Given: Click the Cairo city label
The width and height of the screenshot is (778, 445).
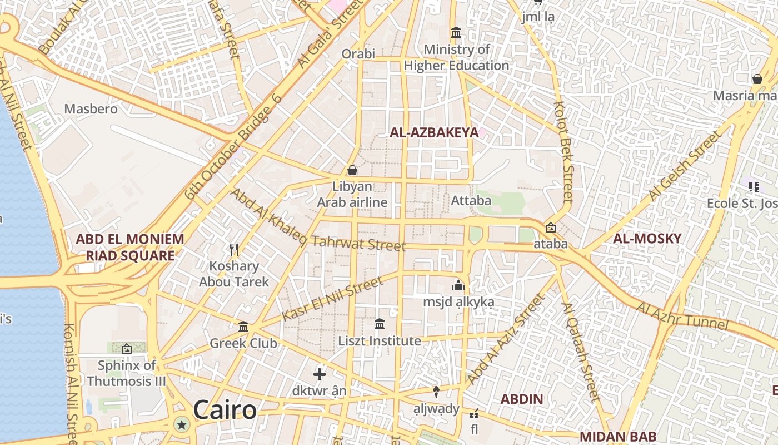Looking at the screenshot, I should (225, 411).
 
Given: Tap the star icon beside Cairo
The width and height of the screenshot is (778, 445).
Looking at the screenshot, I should (181, 426).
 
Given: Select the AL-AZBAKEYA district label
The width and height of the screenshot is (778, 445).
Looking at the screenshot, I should (434, 132).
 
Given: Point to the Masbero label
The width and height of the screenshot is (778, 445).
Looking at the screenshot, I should (91, 108).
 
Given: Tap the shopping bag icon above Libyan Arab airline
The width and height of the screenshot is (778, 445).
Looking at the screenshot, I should (352, 170).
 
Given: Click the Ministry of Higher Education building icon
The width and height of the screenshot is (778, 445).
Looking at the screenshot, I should (456, 33).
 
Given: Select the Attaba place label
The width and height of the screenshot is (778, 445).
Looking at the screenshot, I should (471, 200).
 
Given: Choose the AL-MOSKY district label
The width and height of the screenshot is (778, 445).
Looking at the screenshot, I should (647, 239).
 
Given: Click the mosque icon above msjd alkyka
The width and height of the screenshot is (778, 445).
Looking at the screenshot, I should (458, 285).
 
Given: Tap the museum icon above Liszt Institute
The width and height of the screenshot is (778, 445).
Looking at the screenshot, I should (380, 324).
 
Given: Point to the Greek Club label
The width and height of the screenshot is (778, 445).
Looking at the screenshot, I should (243, 343).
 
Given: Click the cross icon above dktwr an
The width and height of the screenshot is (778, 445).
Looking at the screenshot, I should (320, 374).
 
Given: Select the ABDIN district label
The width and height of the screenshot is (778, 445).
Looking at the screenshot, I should (522, 399).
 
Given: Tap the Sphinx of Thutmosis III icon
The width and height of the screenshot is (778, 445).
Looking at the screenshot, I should (127, 349).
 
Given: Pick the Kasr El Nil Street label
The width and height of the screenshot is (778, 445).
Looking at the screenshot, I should (332, 299).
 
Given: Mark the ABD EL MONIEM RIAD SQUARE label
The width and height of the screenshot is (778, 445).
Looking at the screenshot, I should (130, 248).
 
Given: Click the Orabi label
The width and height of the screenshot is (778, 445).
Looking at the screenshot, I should (358, 54).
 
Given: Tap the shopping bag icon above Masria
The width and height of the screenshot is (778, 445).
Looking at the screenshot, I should (757, 79).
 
